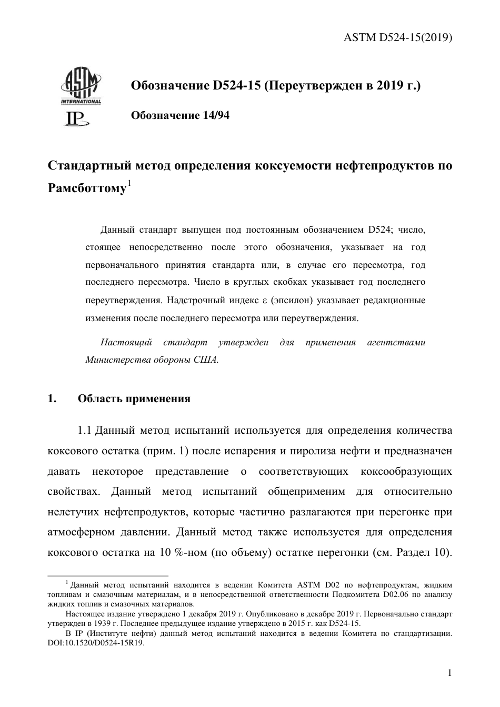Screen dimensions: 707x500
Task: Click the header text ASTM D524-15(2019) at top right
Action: point(398,38)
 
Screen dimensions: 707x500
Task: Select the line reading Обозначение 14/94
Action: point(179,115)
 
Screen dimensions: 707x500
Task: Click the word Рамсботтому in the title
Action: point(87,188)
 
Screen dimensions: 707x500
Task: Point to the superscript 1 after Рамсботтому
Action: point(128,183)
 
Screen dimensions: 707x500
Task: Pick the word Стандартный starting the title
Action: point(89,165)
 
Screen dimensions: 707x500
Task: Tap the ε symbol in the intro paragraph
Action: point(265,301)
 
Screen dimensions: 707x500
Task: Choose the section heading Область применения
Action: point(134,399)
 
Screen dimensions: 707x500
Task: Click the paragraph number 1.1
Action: point(85,431)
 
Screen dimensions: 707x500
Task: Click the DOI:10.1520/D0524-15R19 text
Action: point(95,643)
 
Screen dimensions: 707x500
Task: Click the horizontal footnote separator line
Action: point(108,575)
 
